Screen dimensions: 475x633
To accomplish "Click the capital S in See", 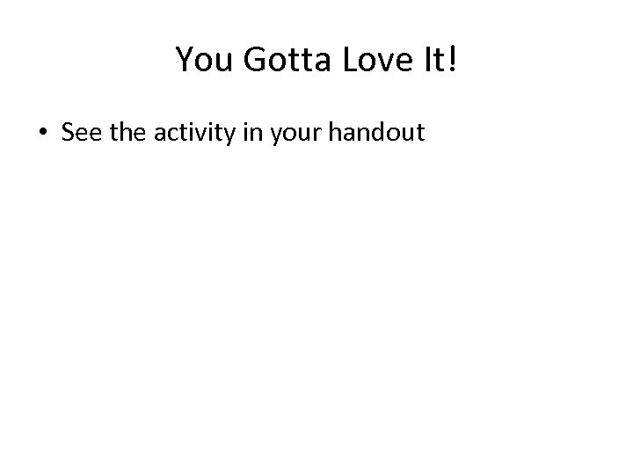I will [x=68, y=133].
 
